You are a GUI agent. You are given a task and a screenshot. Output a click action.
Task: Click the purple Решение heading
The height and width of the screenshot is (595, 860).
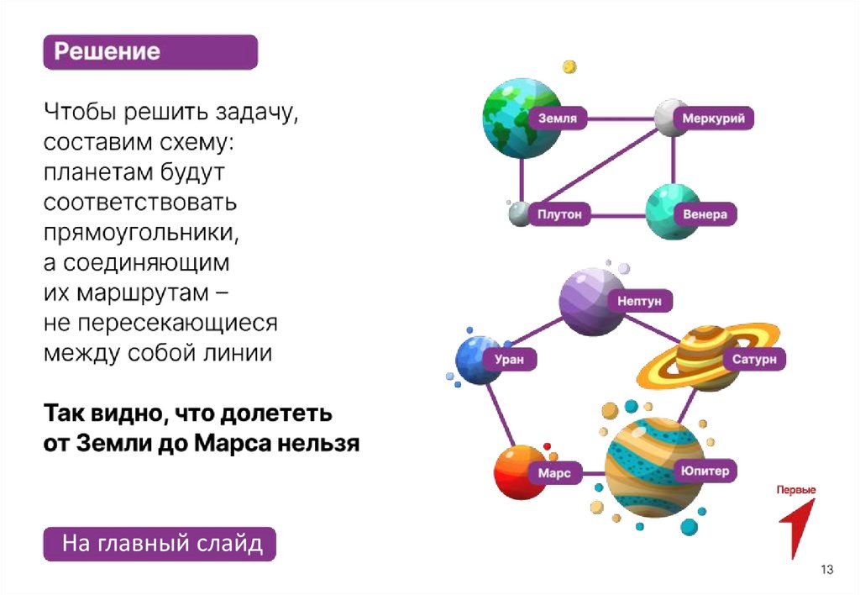[150, 52]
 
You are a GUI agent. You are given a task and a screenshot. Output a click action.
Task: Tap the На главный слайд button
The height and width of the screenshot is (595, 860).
[159, 544]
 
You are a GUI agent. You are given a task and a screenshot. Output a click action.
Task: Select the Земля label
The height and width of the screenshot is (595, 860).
[558, 118]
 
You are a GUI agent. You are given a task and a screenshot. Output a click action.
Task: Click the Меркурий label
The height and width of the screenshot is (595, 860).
[713, 118]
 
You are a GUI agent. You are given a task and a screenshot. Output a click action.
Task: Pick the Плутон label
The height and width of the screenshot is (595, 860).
[559, 214]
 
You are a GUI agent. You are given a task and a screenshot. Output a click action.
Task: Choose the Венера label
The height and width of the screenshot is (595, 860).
[705, 214]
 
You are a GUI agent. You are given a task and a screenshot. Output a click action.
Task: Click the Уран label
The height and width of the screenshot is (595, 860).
[509, 359]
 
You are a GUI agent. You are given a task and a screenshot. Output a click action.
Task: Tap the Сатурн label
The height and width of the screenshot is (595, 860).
[753, 360]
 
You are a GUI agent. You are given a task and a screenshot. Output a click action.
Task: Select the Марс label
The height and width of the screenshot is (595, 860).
[554, 473]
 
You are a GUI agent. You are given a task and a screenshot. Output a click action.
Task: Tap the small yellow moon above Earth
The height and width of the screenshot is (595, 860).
[569, 66]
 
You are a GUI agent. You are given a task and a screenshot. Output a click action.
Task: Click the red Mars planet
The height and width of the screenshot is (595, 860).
[517, 472]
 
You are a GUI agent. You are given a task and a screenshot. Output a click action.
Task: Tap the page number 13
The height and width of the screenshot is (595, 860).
[827, 571]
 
